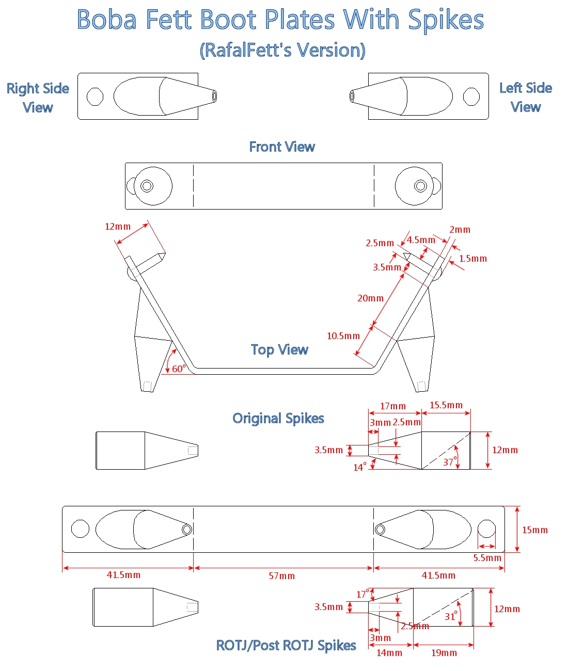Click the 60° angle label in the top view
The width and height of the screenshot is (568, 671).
coord(179,369)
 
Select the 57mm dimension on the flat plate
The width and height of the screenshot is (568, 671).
coord(282,576)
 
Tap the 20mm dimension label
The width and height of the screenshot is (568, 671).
coord(371,298)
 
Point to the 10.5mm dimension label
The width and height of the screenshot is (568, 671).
coord(343,336)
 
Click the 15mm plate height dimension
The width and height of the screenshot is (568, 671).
coord(535,530)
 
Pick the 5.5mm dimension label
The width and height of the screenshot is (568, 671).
coord(487,558)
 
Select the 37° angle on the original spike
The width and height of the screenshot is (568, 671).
coord(450,462)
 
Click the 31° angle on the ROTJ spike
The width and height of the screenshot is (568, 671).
coord(451,616)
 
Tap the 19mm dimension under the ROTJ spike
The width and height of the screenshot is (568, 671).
coord(444,653)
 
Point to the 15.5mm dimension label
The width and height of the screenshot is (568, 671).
coord(446,405)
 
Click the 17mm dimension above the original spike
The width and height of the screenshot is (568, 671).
coord(393,406)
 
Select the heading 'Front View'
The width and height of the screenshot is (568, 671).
coord(282,147)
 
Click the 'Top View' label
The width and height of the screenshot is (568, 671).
coord(279,350)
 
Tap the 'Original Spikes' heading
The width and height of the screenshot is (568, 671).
coord(278,418)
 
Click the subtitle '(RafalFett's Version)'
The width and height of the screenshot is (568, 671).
coord(282,51)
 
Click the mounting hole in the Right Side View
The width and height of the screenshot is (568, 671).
coord(95,97)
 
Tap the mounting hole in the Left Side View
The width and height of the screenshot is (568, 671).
coord(471,97)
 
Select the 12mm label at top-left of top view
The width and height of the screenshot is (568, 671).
coord(118,227)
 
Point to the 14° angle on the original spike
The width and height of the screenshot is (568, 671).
coord(360,467)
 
